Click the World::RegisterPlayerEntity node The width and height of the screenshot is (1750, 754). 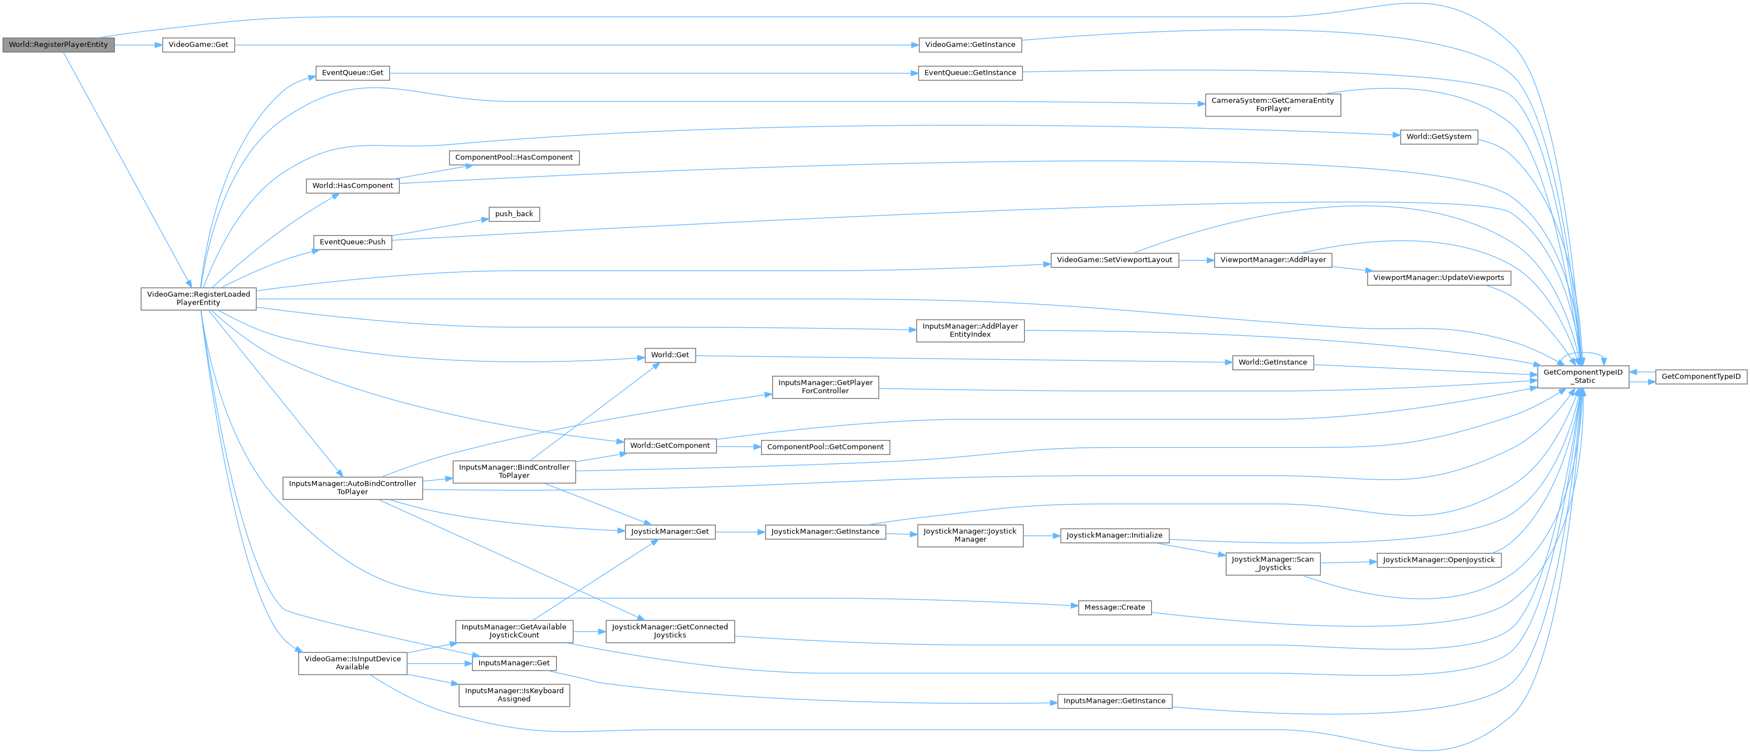point(58,45)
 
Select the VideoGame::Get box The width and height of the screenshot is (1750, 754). point(198,45)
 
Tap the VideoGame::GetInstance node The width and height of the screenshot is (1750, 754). point(969,45)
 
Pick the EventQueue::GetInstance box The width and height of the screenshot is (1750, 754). point(969,73)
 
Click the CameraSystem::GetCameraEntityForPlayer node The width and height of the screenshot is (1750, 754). point(1273,105)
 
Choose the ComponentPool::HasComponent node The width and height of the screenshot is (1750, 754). point(514,158)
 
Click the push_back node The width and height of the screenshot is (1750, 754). point(514,214)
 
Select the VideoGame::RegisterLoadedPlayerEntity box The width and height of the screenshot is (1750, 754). point(198,298)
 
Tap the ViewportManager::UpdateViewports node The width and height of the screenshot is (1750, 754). point(1438,278)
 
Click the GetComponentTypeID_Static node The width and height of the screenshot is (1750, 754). point(1582,376)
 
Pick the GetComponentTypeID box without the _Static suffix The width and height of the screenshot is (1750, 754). point(1700,376)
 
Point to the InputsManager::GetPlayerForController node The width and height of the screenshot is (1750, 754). point(825,386)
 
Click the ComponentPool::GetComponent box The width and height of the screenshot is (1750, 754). point(825,447)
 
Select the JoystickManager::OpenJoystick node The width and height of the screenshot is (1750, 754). point(1438,560)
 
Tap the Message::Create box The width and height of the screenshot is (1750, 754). point(1114,608)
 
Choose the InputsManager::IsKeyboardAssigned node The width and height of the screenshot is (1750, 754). point(514,695)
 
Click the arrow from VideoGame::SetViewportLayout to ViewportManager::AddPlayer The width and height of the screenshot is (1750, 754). point(1196,260)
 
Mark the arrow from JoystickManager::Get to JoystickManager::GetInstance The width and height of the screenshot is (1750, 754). point(740,532)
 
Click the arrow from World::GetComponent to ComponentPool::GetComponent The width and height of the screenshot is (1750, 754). point(738,446)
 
